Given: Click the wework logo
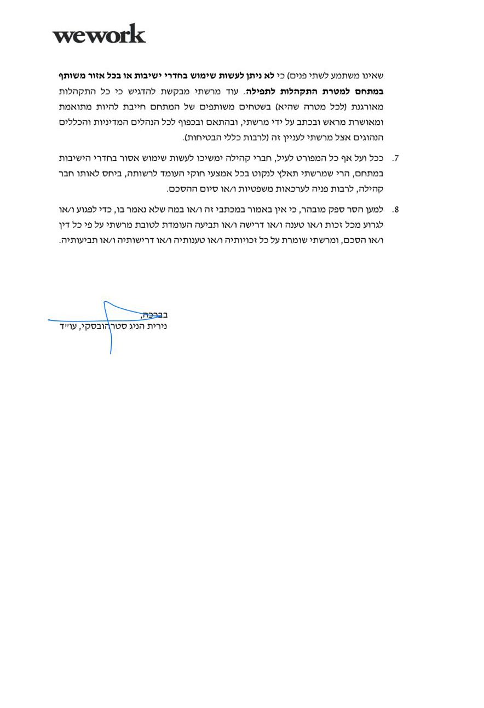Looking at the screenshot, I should [99, 34].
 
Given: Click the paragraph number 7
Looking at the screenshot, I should [396, 158].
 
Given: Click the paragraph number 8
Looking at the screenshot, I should [396, 210].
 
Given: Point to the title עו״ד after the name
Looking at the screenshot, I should [68, 327].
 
